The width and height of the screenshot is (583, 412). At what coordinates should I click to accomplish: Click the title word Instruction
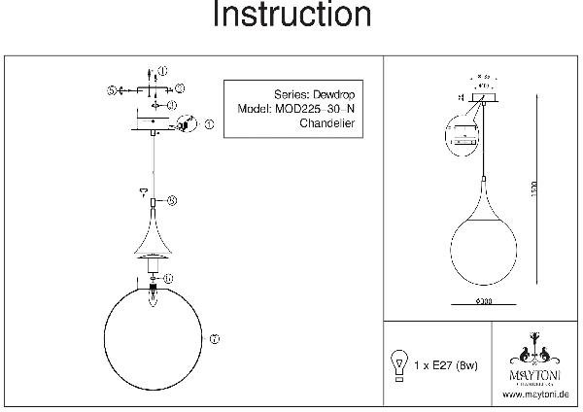tap(291, 17)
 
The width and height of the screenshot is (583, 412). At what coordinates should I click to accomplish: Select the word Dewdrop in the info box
tap(326, 95)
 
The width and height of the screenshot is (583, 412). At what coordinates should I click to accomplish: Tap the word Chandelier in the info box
tap(320, 124)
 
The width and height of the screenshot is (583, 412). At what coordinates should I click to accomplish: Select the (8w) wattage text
tap(469, 365)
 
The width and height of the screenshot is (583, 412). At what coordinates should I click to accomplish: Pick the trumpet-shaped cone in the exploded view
tap(152, 237)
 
